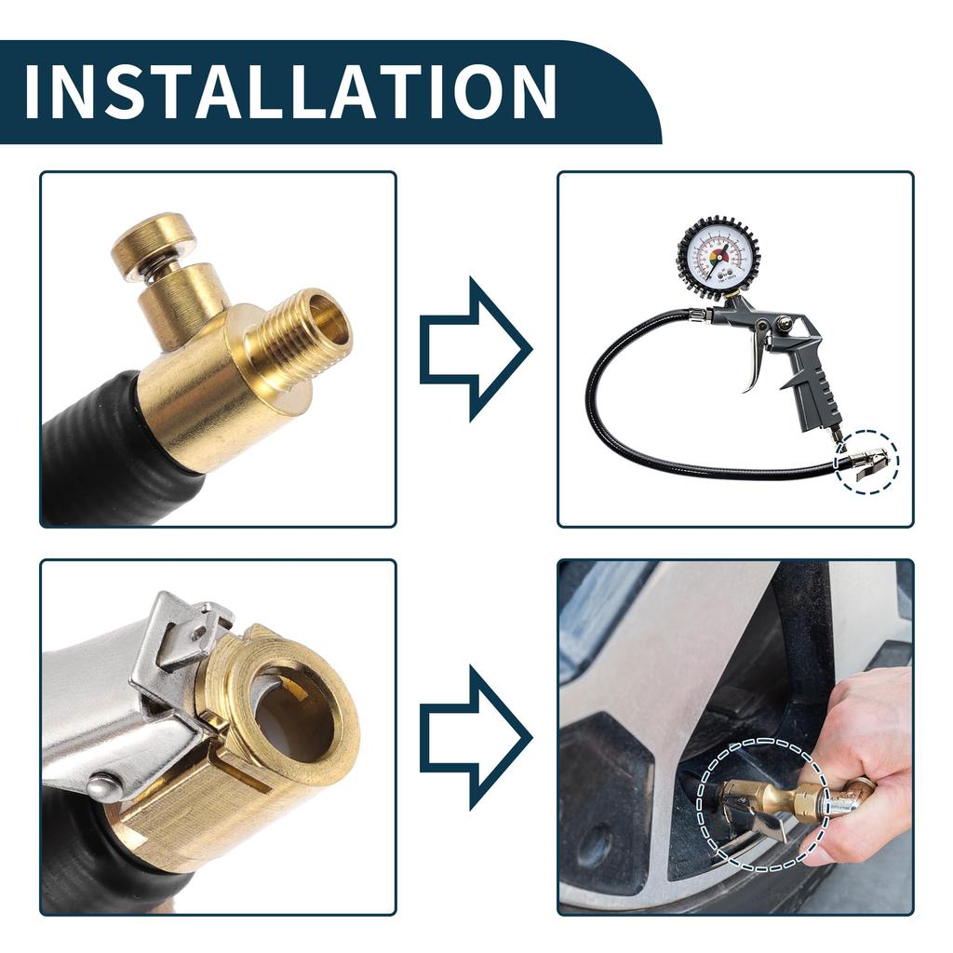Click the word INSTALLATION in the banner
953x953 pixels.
click(289, 91)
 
